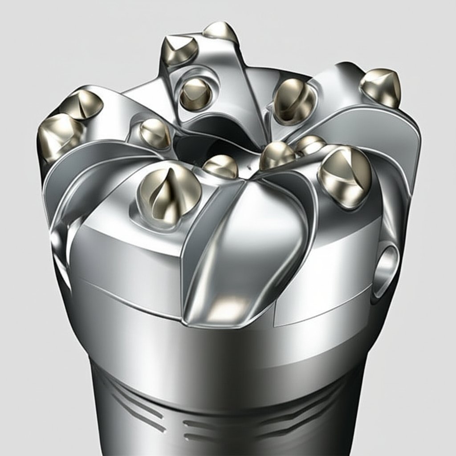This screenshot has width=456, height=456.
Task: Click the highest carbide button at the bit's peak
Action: (x=220, y=32)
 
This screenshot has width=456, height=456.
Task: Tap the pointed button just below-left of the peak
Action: (x=179, y=50)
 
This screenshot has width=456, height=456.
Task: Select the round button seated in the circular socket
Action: (x=195, y=93)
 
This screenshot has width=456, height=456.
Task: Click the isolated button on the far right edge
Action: (x=381, y=87)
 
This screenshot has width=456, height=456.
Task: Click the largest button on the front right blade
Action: (x=345, y=176)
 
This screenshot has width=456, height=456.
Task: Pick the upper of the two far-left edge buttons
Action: (x=83, y=104)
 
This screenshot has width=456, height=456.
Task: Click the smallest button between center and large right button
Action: (x=310, y=145)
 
